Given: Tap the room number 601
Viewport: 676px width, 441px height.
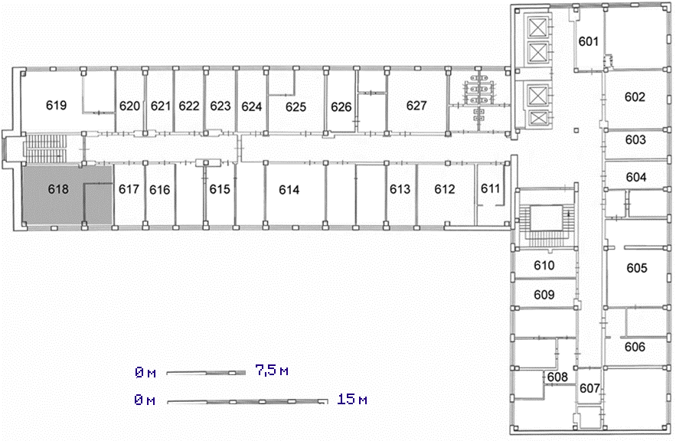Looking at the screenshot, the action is coord(589,41).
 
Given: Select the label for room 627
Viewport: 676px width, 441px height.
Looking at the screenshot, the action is coord(416,105).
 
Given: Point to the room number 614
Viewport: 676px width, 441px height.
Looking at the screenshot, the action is coord(289,190).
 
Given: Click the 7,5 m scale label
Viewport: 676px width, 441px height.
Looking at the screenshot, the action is coord(272,370).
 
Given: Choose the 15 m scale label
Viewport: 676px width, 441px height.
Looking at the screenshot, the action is coord(352,399).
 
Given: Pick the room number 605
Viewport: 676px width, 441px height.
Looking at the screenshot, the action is coord(637,268).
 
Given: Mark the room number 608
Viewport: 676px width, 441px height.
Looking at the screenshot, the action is coord(557,377).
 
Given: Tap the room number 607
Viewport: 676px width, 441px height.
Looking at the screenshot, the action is coord(589,388).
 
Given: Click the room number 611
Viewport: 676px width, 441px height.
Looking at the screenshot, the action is coord(490,188).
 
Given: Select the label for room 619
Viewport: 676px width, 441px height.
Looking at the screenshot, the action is coord(57,105).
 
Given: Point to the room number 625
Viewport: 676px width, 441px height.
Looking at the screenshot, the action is coord(296,106).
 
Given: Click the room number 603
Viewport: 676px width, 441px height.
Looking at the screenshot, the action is coord(635,139).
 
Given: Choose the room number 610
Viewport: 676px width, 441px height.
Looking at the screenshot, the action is coord(544,265).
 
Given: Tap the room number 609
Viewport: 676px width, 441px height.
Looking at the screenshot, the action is coord(544,295).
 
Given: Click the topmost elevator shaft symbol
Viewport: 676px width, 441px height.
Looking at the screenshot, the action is coord(537,29).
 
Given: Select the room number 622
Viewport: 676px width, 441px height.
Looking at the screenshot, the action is coord(189,106).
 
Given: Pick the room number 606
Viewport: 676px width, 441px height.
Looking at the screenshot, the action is coord(635,347).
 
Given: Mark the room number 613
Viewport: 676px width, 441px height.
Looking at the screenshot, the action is coord(400,189).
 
